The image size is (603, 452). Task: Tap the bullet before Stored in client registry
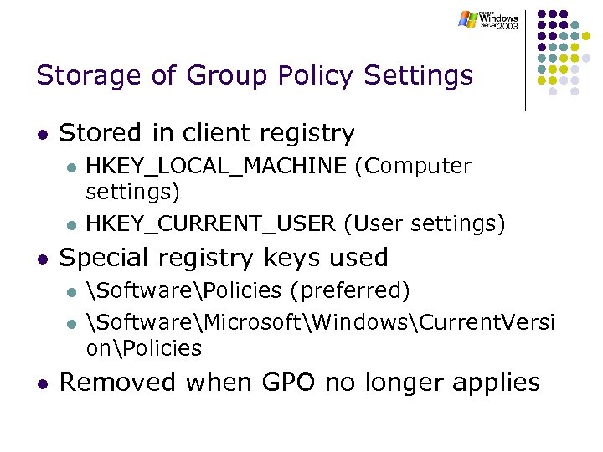[x=41, y=135]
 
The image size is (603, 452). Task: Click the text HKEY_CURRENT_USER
[x=212, y=223]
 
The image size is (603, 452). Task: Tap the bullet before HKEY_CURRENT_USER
[x=71, y=224]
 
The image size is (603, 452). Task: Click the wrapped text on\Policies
[x=144, y=347]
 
